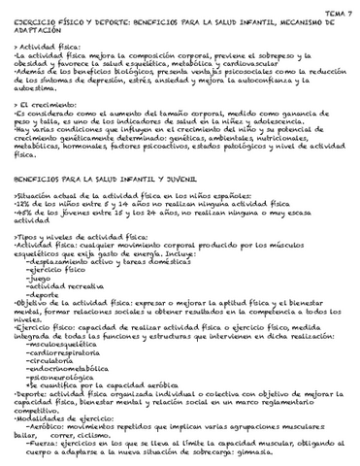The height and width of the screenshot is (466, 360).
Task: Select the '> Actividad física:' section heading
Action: point(44,47)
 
